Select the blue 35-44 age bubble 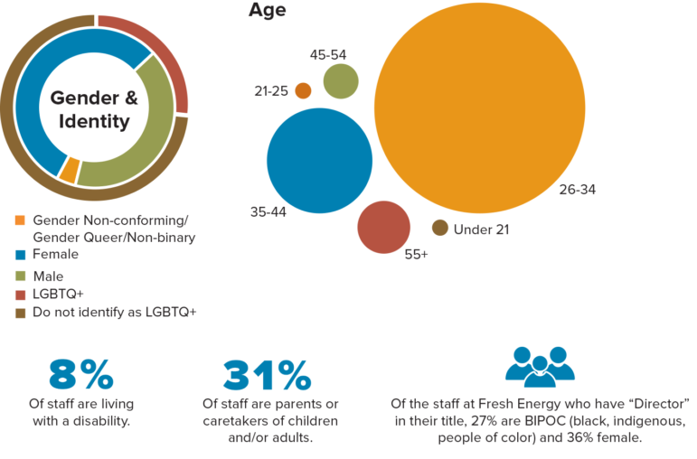tap(320, 161)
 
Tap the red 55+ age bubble tap(385, 227)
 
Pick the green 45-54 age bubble tap(341, 81)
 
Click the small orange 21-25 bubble tap(303, 90)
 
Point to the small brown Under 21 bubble tap(440, 229)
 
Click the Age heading tap(267, 12)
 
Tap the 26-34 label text tap(577, 191)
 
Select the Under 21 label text tap(481, 229)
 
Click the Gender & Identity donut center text tap(94, 109)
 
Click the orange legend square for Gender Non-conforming tap(20, 220)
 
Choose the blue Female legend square tap(20, 256)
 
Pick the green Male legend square tap(20, 276)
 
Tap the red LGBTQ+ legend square tap(20, 295)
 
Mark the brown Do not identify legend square tap(20, 313)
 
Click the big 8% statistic tap(80, 373)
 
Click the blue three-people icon tap(540, 366)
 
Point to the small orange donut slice tap(68, 169)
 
